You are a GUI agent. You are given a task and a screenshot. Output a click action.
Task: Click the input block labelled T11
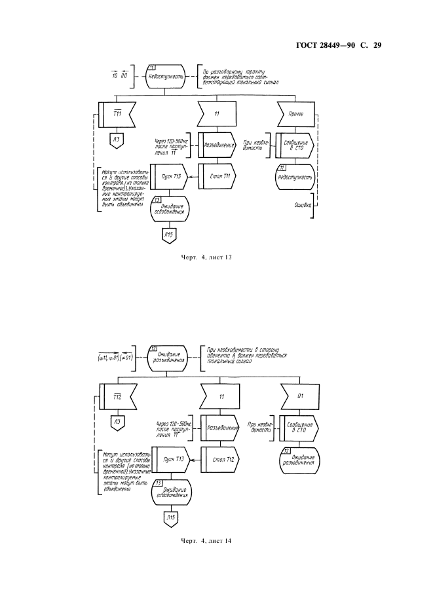118,114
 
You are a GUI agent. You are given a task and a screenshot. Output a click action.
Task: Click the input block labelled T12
118,397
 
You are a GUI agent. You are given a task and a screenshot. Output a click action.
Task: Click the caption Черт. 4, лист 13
206,257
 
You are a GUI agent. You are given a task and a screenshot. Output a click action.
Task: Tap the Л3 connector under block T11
116,139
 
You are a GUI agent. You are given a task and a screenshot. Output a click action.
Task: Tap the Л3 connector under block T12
117,422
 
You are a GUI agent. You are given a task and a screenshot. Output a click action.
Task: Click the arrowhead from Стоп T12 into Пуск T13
191,460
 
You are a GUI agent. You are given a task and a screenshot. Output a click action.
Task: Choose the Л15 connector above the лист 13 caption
168,235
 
